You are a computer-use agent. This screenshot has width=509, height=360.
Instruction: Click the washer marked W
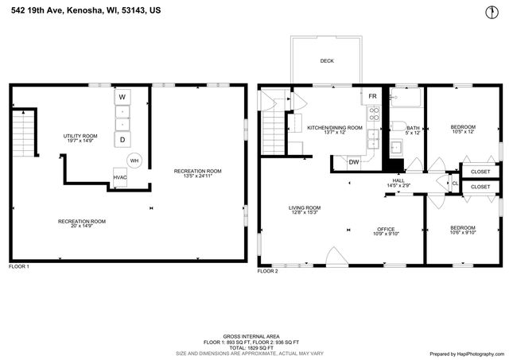122,97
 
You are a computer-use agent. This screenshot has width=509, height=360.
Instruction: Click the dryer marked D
122,140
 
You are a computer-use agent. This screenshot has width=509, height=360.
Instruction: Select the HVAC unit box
120,177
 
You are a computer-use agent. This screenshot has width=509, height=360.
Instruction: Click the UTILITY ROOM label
80,136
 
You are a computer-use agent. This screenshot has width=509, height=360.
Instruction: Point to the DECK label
327,60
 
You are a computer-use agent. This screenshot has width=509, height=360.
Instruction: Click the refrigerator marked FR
371,96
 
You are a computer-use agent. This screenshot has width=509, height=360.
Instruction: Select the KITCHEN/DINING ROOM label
335,127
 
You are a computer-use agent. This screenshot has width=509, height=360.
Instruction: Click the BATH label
412,128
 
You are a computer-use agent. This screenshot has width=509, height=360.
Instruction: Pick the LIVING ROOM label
305,208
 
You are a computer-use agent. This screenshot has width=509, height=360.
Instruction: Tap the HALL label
398,180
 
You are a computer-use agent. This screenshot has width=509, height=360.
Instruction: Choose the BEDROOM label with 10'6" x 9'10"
462,228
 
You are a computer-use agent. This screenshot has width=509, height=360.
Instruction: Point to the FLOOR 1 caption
18,266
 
